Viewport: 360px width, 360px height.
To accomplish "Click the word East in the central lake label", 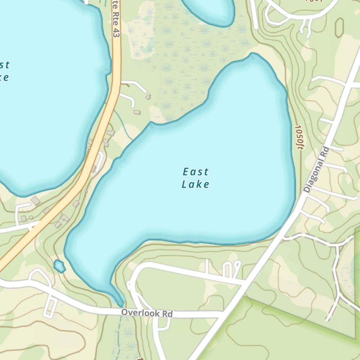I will pos(195,171).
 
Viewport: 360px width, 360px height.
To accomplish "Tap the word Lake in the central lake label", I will pos(195,184).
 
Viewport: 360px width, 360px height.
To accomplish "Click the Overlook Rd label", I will pos(147,313).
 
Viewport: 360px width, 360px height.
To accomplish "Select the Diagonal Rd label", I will pos(316,169).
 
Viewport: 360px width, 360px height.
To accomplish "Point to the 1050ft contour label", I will pos(298,137).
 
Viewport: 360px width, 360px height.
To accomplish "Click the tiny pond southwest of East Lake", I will pos(59,266).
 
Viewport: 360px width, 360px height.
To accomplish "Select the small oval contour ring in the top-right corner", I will pos(339,27).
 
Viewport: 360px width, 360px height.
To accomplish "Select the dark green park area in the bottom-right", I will pos(288,335).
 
